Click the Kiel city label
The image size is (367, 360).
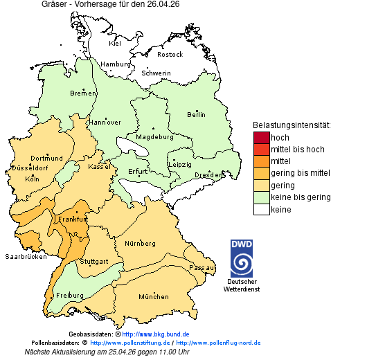(x=115, y=43)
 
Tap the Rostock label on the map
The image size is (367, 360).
(x=170, y=54)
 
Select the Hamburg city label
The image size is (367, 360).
(x=116, y=64)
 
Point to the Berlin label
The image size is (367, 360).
(x=197, y=114)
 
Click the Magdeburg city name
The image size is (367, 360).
(x=154, y=136)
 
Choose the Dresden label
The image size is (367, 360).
(x=208, y=175)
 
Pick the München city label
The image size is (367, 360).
(x=154, y=297)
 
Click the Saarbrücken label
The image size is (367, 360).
(x=26, y=257)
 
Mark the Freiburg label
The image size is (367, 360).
(x=69, y=296)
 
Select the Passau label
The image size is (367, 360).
(x=202, y=267)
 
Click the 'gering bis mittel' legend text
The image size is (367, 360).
(x=300, y=173)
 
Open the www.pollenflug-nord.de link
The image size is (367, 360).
(x=218, y=343)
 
